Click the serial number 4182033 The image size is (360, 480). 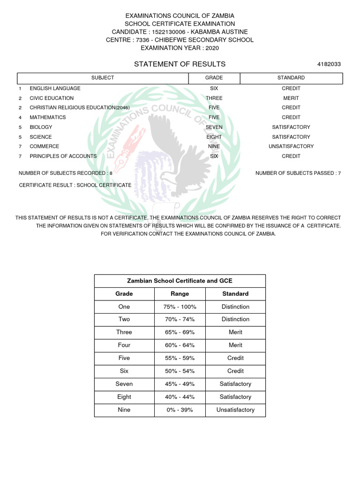(329, 64)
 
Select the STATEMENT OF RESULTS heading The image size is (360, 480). (180, 64)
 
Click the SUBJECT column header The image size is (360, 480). (103, 78)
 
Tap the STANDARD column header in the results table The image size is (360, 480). (291, 78)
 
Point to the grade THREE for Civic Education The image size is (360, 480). (214, 98)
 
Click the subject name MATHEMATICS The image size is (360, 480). (48, 117)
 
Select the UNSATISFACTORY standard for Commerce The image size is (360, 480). (291, 146)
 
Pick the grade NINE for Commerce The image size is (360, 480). (214, 146)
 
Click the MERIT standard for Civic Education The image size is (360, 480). (291, 98)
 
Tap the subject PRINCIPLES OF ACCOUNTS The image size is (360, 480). (63, 156)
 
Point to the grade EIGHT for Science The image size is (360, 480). (214, 137)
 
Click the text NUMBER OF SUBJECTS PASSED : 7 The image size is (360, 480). (298, 173)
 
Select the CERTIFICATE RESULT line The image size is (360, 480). (75, 185)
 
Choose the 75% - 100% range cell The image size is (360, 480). (180, 307)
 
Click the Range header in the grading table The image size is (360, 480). (180, 294)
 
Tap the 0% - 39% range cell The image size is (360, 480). (180, 410)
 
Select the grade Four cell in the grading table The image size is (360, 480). (124, 345)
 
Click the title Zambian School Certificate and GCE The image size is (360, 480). (180, 281)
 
